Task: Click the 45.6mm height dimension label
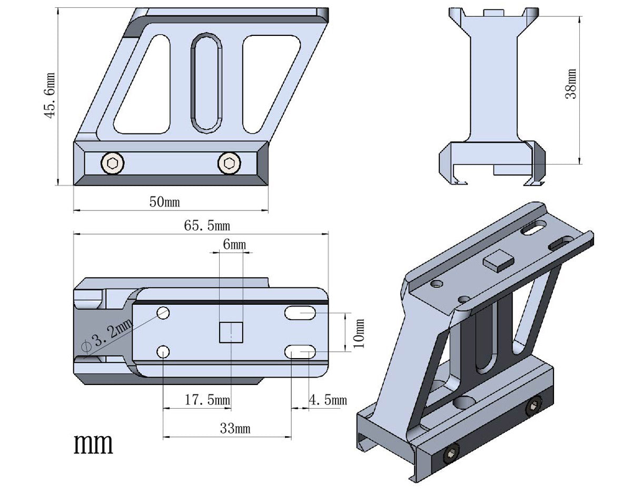[x=51, y=95]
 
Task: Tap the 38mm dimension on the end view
[x=571, y=84]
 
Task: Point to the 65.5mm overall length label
[x=207, y=226]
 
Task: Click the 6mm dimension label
[x=234, y=245]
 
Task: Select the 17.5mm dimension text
[x=207, y=400]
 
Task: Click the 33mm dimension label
[x=235, y=429]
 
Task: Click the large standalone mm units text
[x=93, y=444]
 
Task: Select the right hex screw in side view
[x=229, y=163]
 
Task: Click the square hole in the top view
[x=231, y=332]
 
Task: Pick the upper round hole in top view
[x=163, y=312]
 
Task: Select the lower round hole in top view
[x=163, y=351]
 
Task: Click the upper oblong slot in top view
[x=300, y=314]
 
